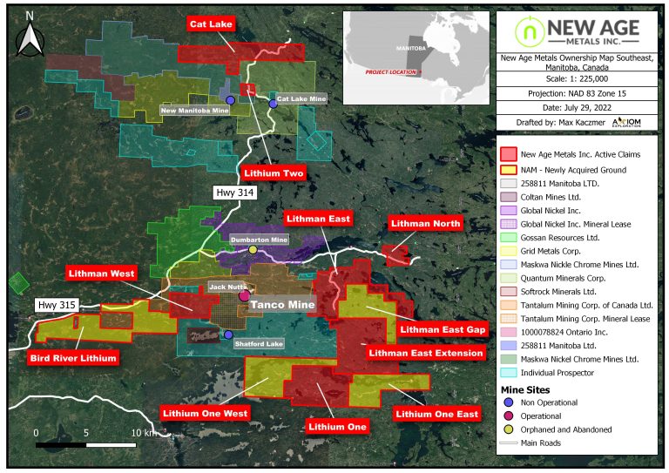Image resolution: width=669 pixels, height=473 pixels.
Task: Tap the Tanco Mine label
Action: pyautogui.click(x=282, y=305)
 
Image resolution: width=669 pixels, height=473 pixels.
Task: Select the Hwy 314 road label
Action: pyautogui.click(x=235, y=193)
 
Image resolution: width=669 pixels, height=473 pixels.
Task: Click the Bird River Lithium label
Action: pyautogui.click(x=73, y=357)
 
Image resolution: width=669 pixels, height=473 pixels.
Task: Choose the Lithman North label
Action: pyautogui.click(x=426, y=224)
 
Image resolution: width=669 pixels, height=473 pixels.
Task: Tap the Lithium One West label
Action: pyautogui.click(x=205, y=413)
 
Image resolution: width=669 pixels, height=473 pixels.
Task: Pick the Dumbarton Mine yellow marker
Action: pyautogui.click(x=253, y=250)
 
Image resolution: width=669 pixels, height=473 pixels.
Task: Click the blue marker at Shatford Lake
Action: pyautogui.click(x=228, y=334)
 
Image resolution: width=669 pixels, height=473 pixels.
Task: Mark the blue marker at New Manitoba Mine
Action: pyautogui.click(x=230, y=100)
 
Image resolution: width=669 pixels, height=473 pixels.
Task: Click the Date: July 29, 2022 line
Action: pyautogui.click(x=576, y=106)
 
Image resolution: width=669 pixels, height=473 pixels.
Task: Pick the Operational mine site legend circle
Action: pyautogui.click(x=508, y=416)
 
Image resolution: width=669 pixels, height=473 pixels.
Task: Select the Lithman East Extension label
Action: pyautogui.click(x=425, y=353)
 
